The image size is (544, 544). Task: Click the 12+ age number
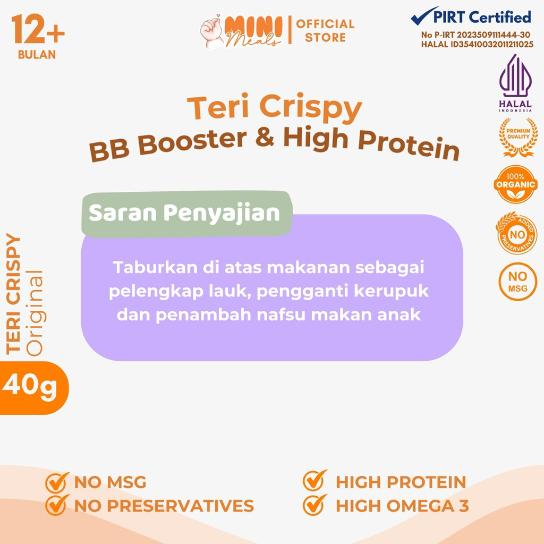point(38,30)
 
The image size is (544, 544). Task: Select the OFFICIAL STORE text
point(325,30)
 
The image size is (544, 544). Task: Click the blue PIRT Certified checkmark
point(424,16)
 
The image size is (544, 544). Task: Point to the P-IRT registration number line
point(475,35)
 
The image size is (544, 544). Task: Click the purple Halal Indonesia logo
point(515,82)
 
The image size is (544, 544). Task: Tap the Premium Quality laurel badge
point(518,137)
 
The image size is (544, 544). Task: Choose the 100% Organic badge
point(515,184)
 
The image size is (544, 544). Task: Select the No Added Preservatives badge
point(516,233)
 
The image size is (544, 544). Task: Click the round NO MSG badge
point(517,282)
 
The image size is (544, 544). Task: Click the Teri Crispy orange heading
point(275,107)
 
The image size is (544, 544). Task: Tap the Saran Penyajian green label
point(186,214)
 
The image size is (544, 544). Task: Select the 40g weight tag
point(34,387)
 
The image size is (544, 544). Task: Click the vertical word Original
point(35,313)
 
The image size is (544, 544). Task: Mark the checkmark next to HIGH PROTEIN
point(314,480)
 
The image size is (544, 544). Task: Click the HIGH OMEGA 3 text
point(403,506)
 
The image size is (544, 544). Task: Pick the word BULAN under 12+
point(37,55)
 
